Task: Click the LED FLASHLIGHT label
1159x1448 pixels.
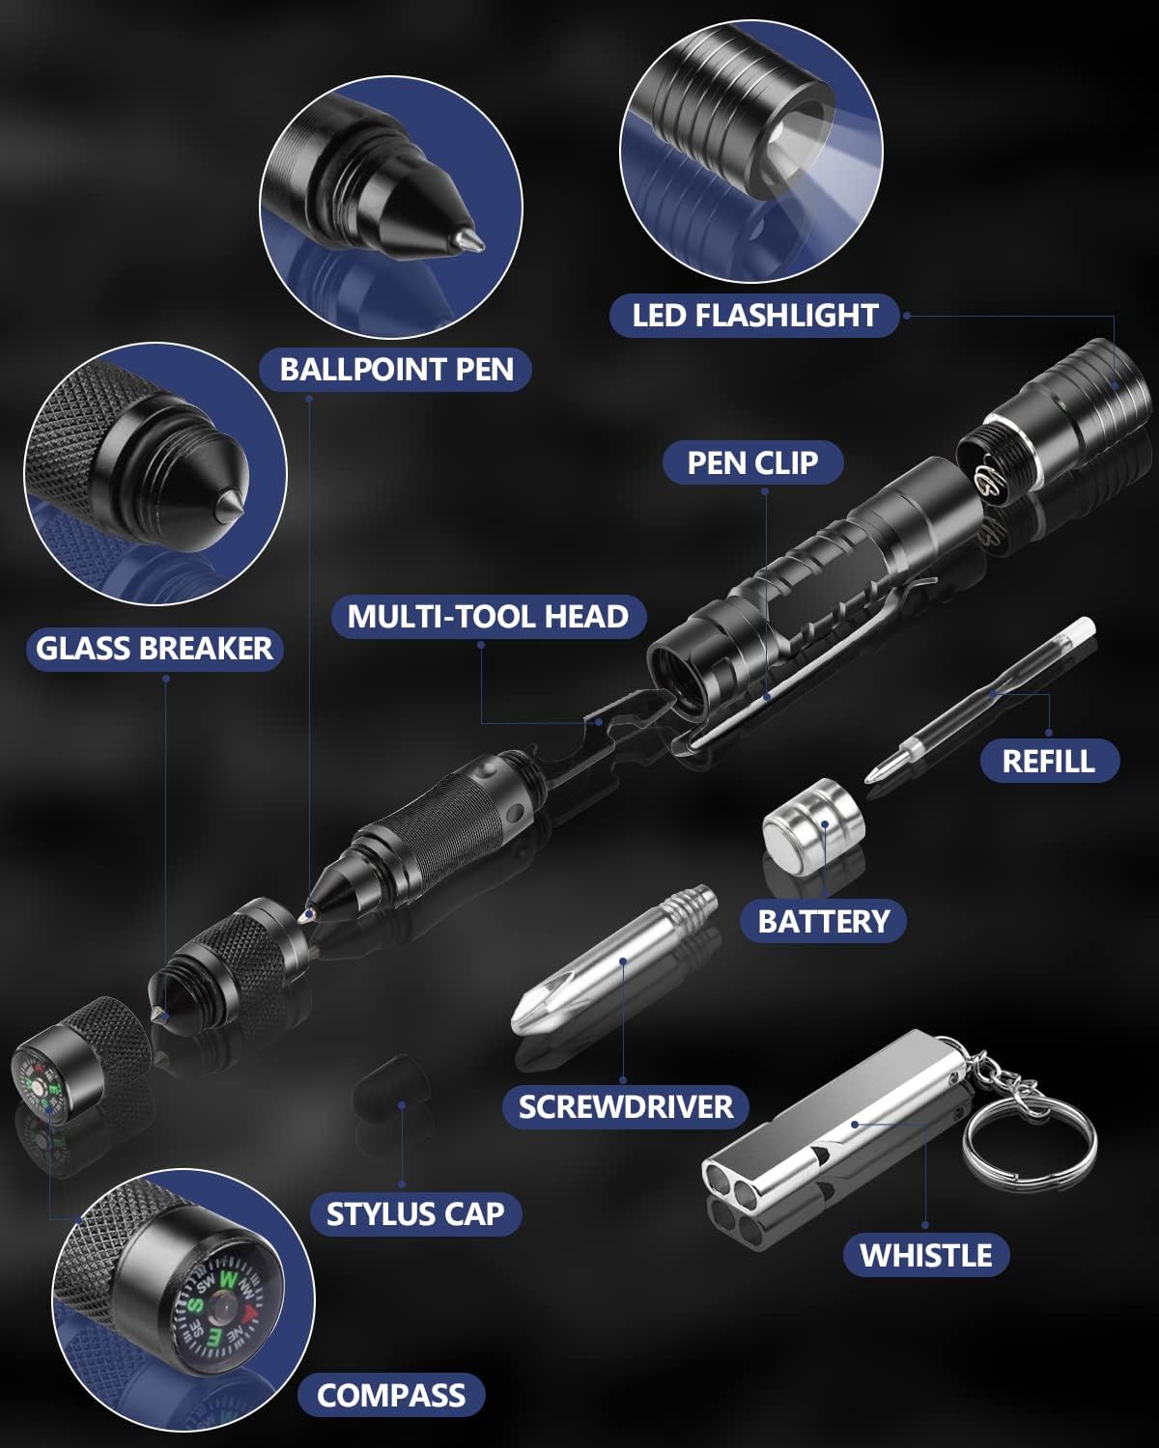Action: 754,316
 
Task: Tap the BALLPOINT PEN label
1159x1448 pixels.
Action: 396,370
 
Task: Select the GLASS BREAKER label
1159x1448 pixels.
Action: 155,648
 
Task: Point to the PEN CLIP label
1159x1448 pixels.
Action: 752,463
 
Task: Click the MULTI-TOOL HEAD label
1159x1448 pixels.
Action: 488,616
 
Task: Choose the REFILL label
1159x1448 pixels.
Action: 1048,761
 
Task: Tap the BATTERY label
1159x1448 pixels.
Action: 823,921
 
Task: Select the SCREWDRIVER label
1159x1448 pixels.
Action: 625,1106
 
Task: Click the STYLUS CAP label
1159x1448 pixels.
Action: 415,1213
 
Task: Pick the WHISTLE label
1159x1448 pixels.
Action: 925,1255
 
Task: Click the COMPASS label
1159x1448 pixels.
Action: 391,1395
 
